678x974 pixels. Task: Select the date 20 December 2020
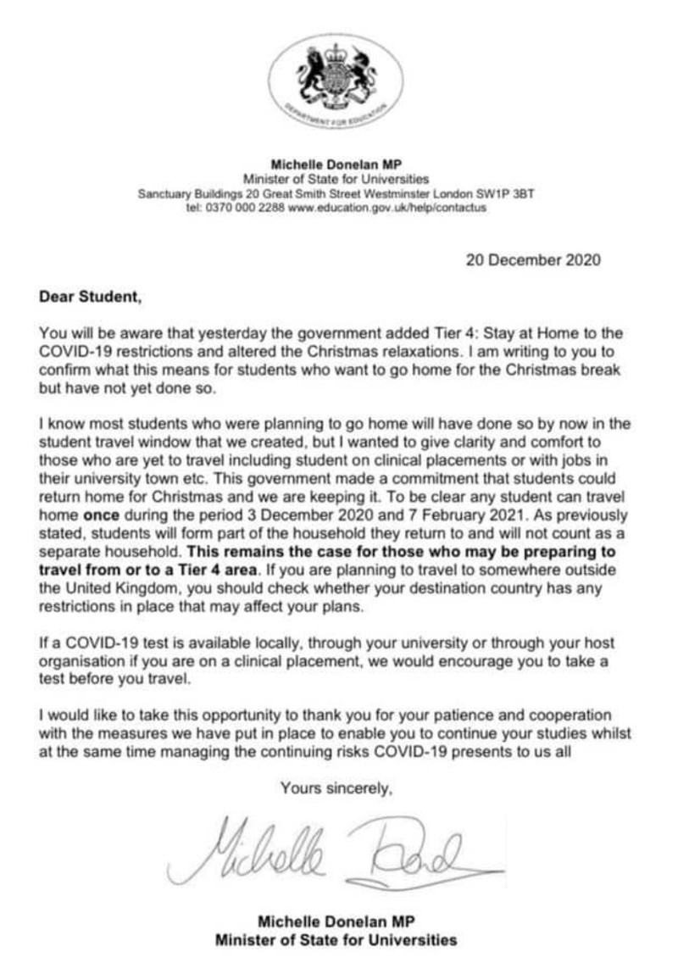(x=533, y=259)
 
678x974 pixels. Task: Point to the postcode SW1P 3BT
(x=506, y=194)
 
